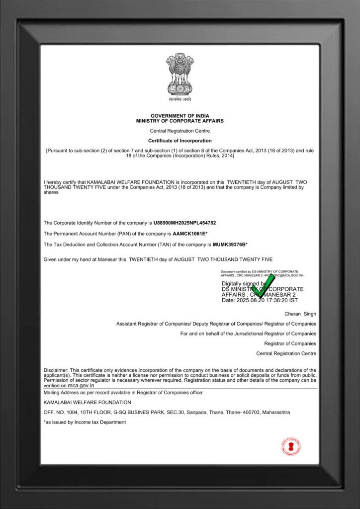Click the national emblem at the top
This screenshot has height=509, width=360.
click(180, 78)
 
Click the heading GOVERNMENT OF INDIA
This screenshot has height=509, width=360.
click(180, 115)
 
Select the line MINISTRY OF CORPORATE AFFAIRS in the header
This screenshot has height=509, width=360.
click(180, 121)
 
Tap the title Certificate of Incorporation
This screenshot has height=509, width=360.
click(180, 141)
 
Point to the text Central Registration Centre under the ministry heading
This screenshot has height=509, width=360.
click(180, 131)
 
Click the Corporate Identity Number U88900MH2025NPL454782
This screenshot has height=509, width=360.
click(184, 223)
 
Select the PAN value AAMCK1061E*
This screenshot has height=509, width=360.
click(189, 234)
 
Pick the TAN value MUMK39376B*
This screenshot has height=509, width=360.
click(230, 245)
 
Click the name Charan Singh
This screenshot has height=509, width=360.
click(300, 314)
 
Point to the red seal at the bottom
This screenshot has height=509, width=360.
click(290, 446)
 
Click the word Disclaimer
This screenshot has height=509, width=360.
click(56, 370)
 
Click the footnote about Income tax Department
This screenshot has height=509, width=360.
click(85, 422)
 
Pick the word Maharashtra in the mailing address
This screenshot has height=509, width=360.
click(273, 413)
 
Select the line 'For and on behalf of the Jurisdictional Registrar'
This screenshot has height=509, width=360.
click(248, 334)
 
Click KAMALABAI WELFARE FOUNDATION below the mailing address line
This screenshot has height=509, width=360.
click(88, 402)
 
